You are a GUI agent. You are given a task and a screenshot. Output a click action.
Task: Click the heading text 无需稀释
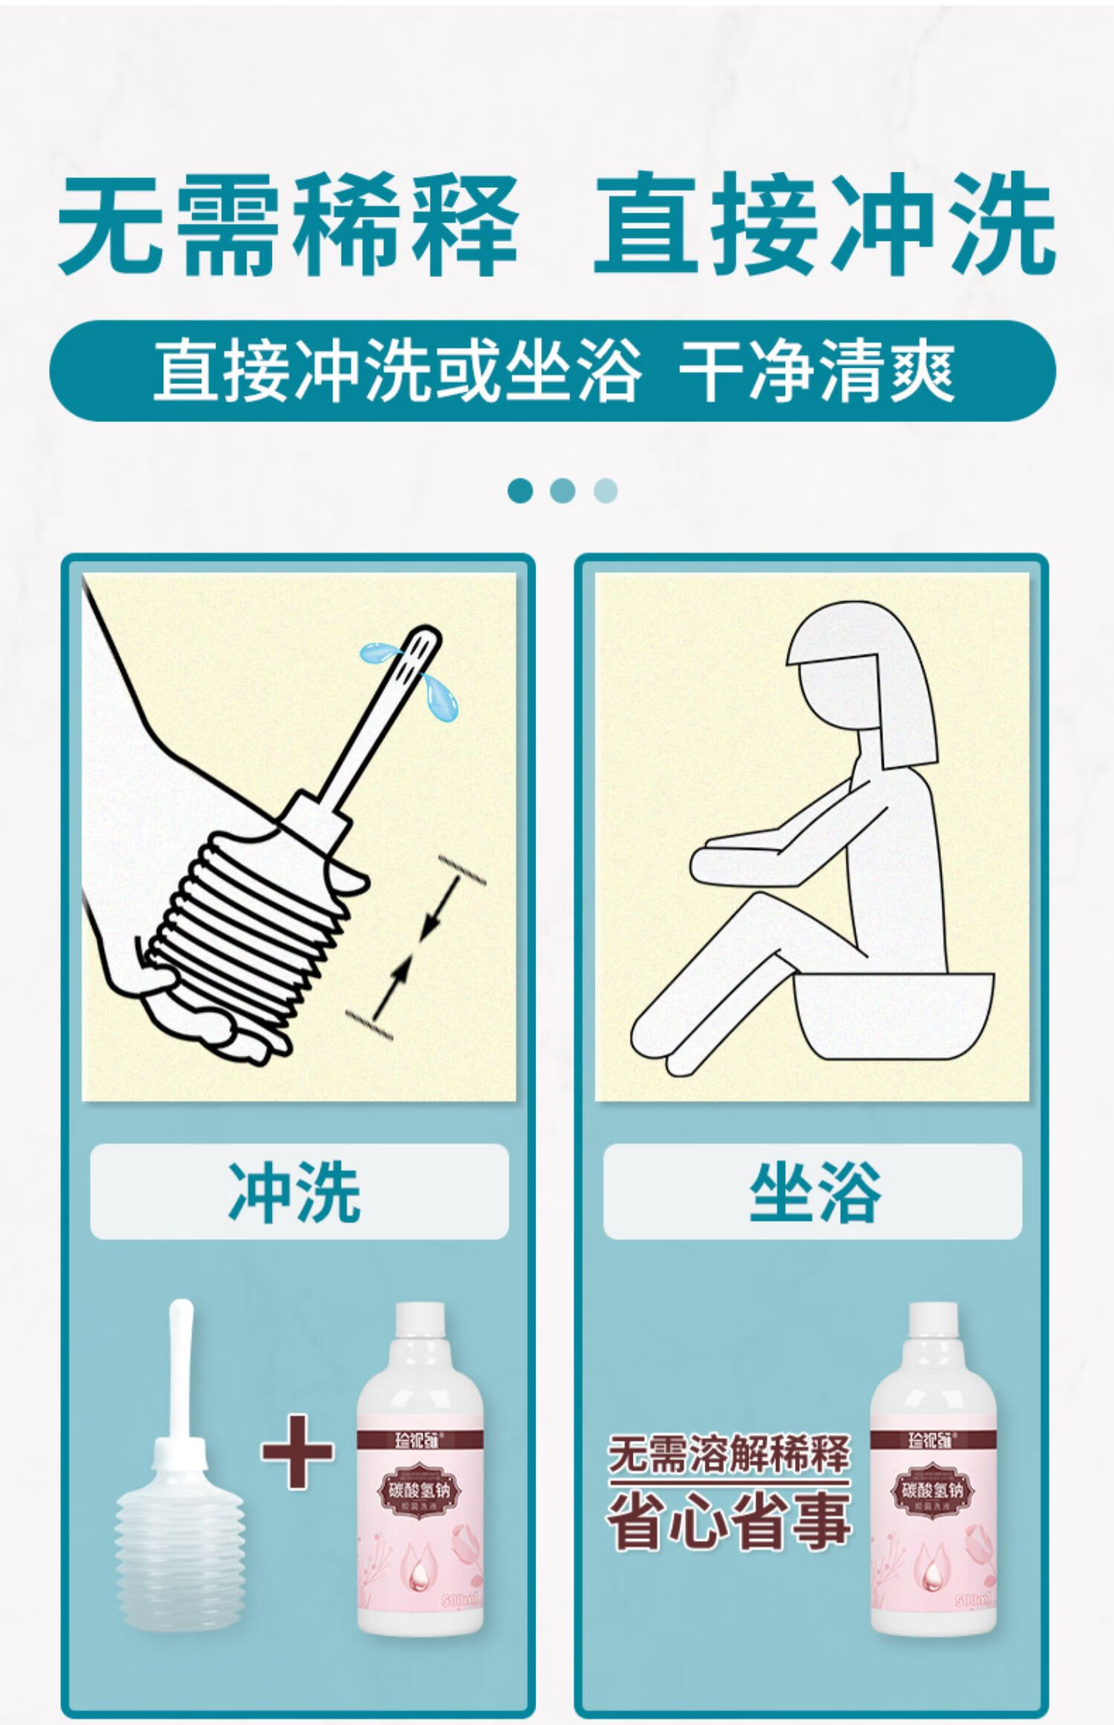click(288, 223)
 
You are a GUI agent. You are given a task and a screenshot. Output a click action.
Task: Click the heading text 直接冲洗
click(824, 223)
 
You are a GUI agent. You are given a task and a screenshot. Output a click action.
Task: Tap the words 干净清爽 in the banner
click(817, 370)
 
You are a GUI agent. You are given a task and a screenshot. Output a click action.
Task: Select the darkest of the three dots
click(521, 490)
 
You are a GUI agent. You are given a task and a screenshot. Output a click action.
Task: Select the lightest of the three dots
click(605, 490)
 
